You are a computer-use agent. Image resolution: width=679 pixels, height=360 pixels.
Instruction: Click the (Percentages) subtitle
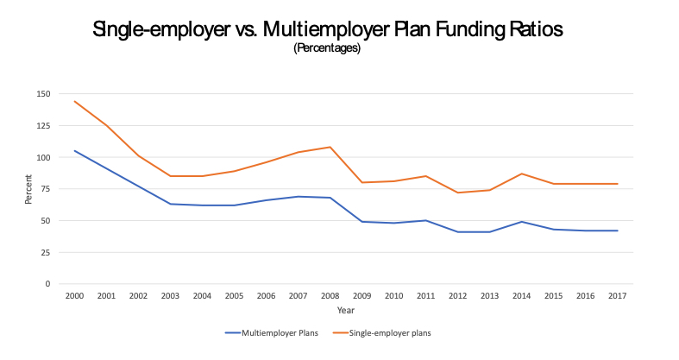pos(327,48)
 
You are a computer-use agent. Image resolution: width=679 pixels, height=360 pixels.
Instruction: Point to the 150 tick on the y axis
pos(44,94)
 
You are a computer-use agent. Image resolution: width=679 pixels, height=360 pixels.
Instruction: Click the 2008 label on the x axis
pos(330,295)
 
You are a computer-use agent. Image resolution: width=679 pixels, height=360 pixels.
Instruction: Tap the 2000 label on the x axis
pos(74,295)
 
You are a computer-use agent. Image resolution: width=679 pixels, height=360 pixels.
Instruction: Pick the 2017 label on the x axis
pos(618,295)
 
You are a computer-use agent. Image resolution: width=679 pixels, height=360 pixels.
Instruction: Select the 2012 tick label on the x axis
pos(457,295)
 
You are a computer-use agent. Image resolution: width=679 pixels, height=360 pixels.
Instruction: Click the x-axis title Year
pos(345,310)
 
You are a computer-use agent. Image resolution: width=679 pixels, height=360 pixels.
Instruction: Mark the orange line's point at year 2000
pos(74,101)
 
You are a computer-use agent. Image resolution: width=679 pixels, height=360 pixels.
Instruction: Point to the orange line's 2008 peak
pos(330,147)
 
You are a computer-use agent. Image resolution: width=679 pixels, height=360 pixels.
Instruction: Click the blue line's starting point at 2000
pos(74,150)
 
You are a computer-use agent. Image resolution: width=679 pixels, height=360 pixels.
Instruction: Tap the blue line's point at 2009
pos(362,222)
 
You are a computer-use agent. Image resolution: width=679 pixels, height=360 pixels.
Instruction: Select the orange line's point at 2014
pos(521,174)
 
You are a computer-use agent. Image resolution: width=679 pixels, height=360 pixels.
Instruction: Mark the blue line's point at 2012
pos(457,231)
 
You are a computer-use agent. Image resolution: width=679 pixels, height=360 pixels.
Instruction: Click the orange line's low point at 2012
pos(457,193)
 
